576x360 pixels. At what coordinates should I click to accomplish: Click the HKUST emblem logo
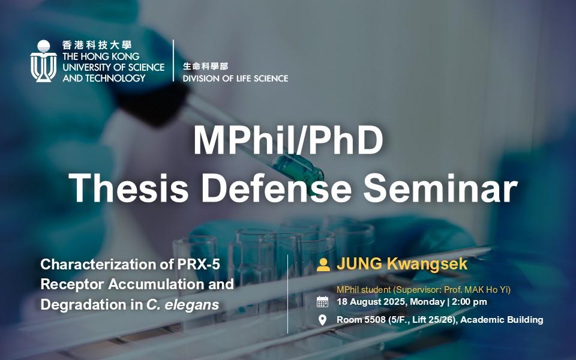[x=43, y=61]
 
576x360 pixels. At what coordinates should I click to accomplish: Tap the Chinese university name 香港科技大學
[x=97, y=45]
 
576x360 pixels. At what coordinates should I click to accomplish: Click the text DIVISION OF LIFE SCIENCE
[x=235, y=78]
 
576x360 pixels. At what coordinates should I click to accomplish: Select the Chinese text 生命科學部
[x=205, y=66]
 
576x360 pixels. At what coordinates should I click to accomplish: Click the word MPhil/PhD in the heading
[x=289, y=140]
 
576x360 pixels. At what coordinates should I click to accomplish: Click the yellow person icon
[x=323, y=265]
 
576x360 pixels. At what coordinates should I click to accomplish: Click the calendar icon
[x=323, y=302]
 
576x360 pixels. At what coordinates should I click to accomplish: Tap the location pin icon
[x=323, y=320]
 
